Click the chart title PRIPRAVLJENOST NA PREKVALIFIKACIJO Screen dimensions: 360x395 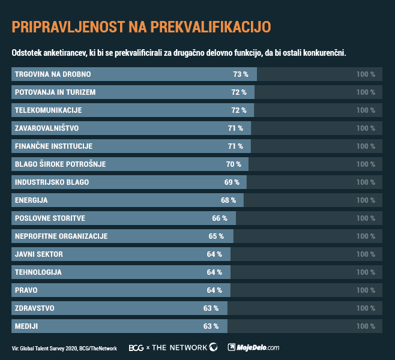click(x=141, y=26)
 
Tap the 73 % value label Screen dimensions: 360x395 click(x=240, y=74)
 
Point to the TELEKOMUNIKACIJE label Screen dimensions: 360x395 click(x=48, y=110)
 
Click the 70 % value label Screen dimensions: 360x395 click(x=234, y=164)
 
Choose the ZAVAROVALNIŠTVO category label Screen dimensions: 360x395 click(x=47, y=128)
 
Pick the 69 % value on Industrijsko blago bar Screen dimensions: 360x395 click(x=232, y=182)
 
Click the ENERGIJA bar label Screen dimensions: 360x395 click(x=31, y=200)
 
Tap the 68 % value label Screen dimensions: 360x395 click(x=228, y=200)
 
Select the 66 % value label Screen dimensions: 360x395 click(x=220, y=218)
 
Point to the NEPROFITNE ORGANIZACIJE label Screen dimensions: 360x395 click(x=61, y=236)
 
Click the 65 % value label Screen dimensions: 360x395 click(x=216, y=236)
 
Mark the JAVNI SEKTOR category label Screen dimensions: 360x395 click(x=38, y=254)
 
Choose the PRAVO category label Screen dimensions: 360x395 click(x=26, y=290)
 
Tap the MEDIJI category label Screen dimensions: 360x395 click(x=26, y=326)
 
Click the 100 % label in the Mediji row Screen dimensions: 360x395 click(x=365, y=326)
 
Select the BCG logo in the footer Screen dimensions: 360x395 click(x=136, y=347)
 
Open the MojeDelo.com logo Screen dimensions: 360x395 click(x=253, y=347)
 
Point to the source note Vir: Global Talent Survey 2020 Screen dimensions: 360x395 click(x=64, y=348)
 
